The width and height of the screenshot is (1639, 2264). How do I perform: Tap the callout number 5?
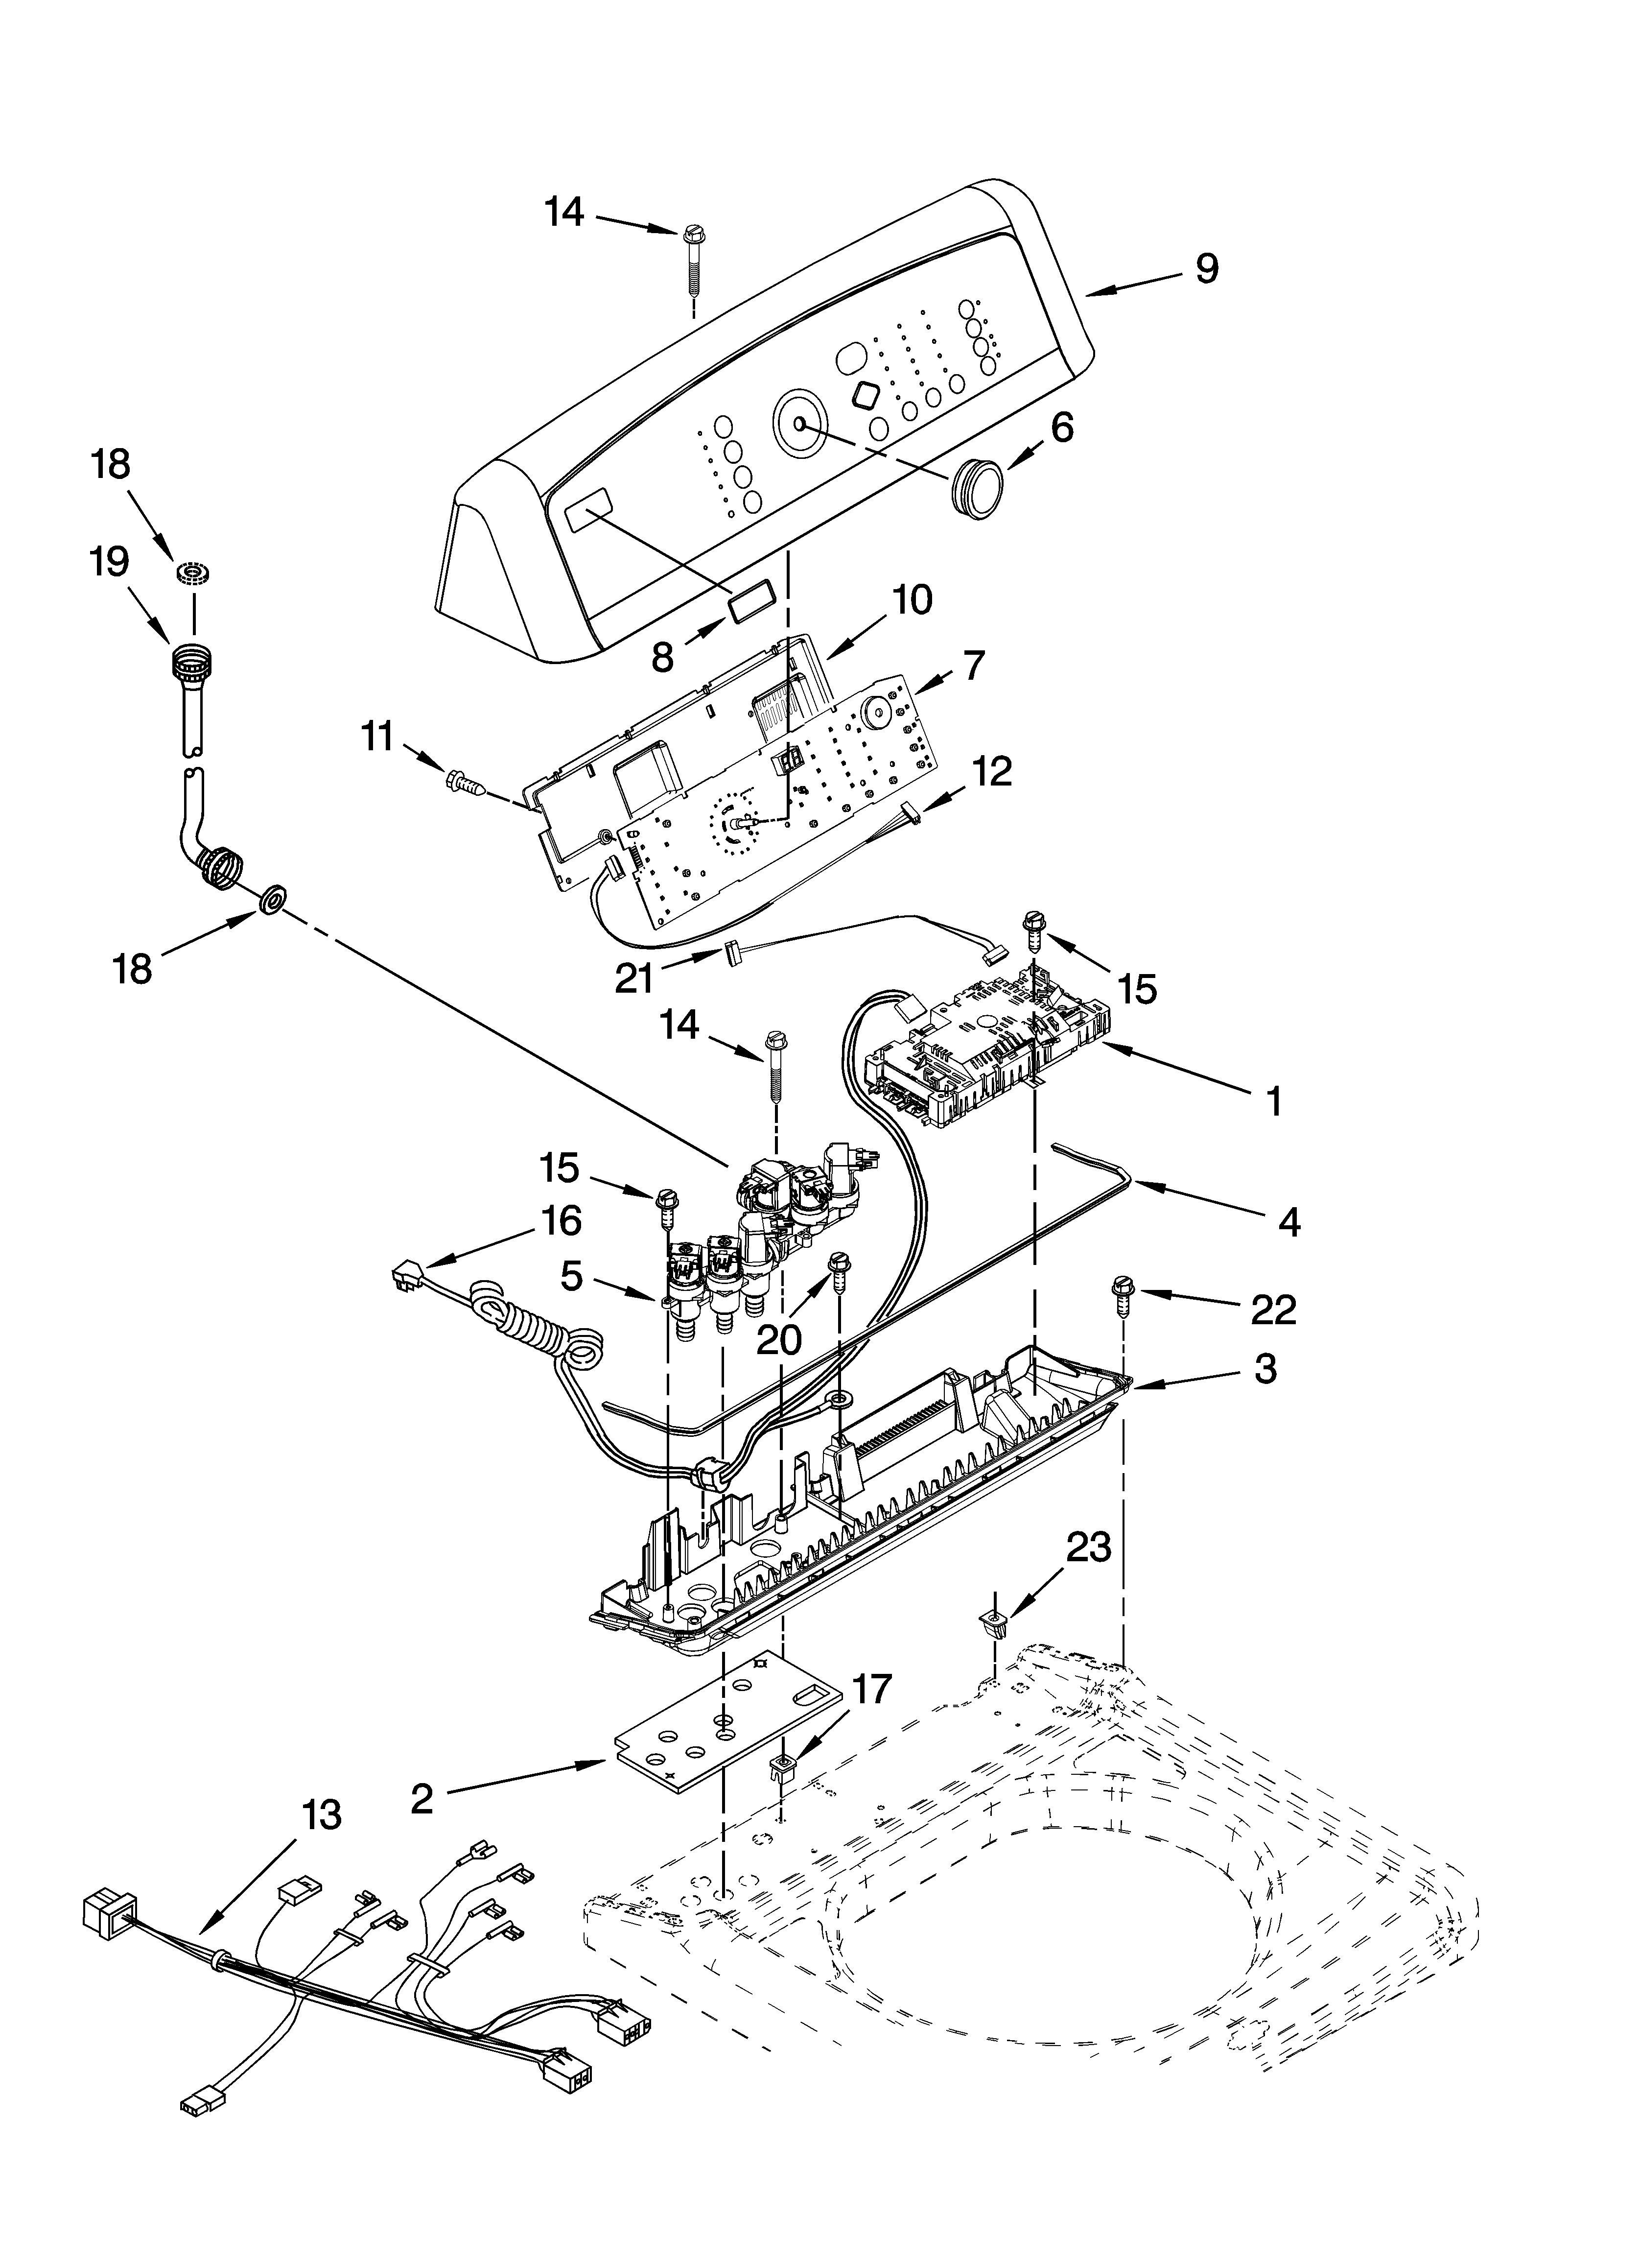point(571,1276)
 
